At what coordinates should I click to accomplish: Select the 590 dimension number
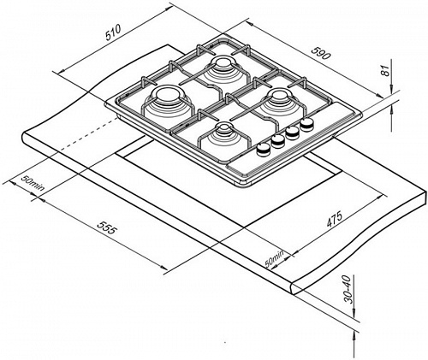click(x=321, y=53)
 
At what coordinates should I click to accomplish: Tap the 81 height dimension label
click(x=385, y=70)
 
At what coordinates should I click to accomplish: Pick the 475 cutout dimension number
click(x=334, y=219)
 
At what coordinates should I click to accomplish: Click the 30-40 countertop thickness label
click(x=348, y=289)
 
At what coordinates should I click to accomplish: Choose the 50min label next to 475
click(x=275, y=259)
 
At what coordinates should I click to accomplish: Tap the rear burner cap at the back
click(x=222, y=62)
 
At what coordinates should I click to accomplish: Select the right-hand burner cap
click(x=278, y=96)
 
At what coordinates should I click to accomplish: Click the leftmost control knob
click(x=264, y=149)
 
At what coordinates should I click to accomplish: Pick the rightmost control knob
click(x=307, y=124)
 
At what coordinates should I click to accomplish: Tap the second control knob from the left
click(x=278, y=141)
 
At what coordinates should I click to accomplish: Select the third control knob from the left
click(x=293, y=133)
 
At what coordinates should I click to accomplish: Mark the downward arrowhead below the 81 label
click(x=392, y=87)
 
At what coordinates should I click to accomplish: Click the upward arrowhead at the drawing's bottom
click(x=354, y=337)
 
